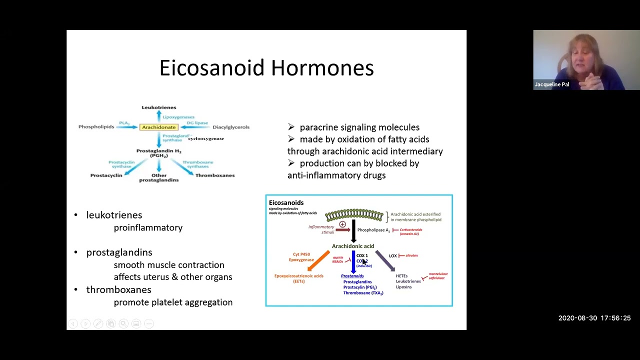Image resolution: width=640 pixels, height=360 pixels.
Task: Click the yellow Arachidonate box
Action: tap(158, 127)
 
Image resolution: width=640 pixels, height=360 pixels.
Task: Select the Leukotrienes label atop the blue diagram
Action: tap(158, 107)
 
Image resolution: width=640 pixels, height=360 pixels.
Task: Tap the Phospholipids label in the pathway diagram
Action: tap(96, 127)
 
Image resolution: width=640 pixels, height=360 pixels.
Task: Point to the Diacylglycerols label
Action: tap(230, 127)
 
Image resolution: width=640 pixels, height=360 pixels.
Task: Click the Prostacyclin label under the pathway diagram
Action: tap(106, 175)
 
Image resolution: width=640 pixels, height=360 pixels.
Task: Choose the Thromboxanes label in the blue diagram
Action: tap(214, 175)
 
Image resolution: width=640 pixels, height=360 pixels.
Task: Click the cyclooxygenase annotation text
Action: tap(206, 138)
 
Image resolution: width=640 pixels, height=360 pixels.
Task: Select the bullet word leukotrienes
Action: tap(114, 215)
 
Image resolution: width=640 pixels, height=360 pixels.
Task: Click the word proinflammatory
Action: tap(148, 227)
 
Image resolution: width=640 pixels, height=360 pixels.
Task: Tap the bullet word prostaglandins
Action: tap(119, 252)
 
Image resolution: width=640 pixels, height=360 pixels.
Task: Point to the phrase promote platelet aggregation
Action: tap(173, 302)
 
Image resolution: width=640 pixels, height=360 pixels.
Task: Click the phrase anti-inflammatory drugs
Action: tap(336, 175)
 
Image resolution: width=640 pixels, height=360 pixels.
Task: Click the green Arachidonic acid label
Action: tap(353, 246)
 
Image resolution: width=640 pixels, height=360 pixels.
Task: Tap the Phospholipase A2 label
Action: tap(373, 230)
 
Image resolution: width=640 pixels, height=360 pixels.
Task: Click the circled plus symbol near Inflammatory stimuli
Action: tap(342, 224)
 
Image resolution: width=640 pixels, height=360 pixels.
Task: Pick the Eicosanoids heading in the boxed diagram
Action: tap(286, 202)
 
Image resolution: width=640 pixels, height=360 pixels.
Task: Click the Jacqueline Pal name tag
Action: tap(551, 84)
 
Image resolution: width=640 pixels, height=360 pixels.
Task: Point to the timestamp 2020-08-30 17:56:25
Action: tap(594, 318)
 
